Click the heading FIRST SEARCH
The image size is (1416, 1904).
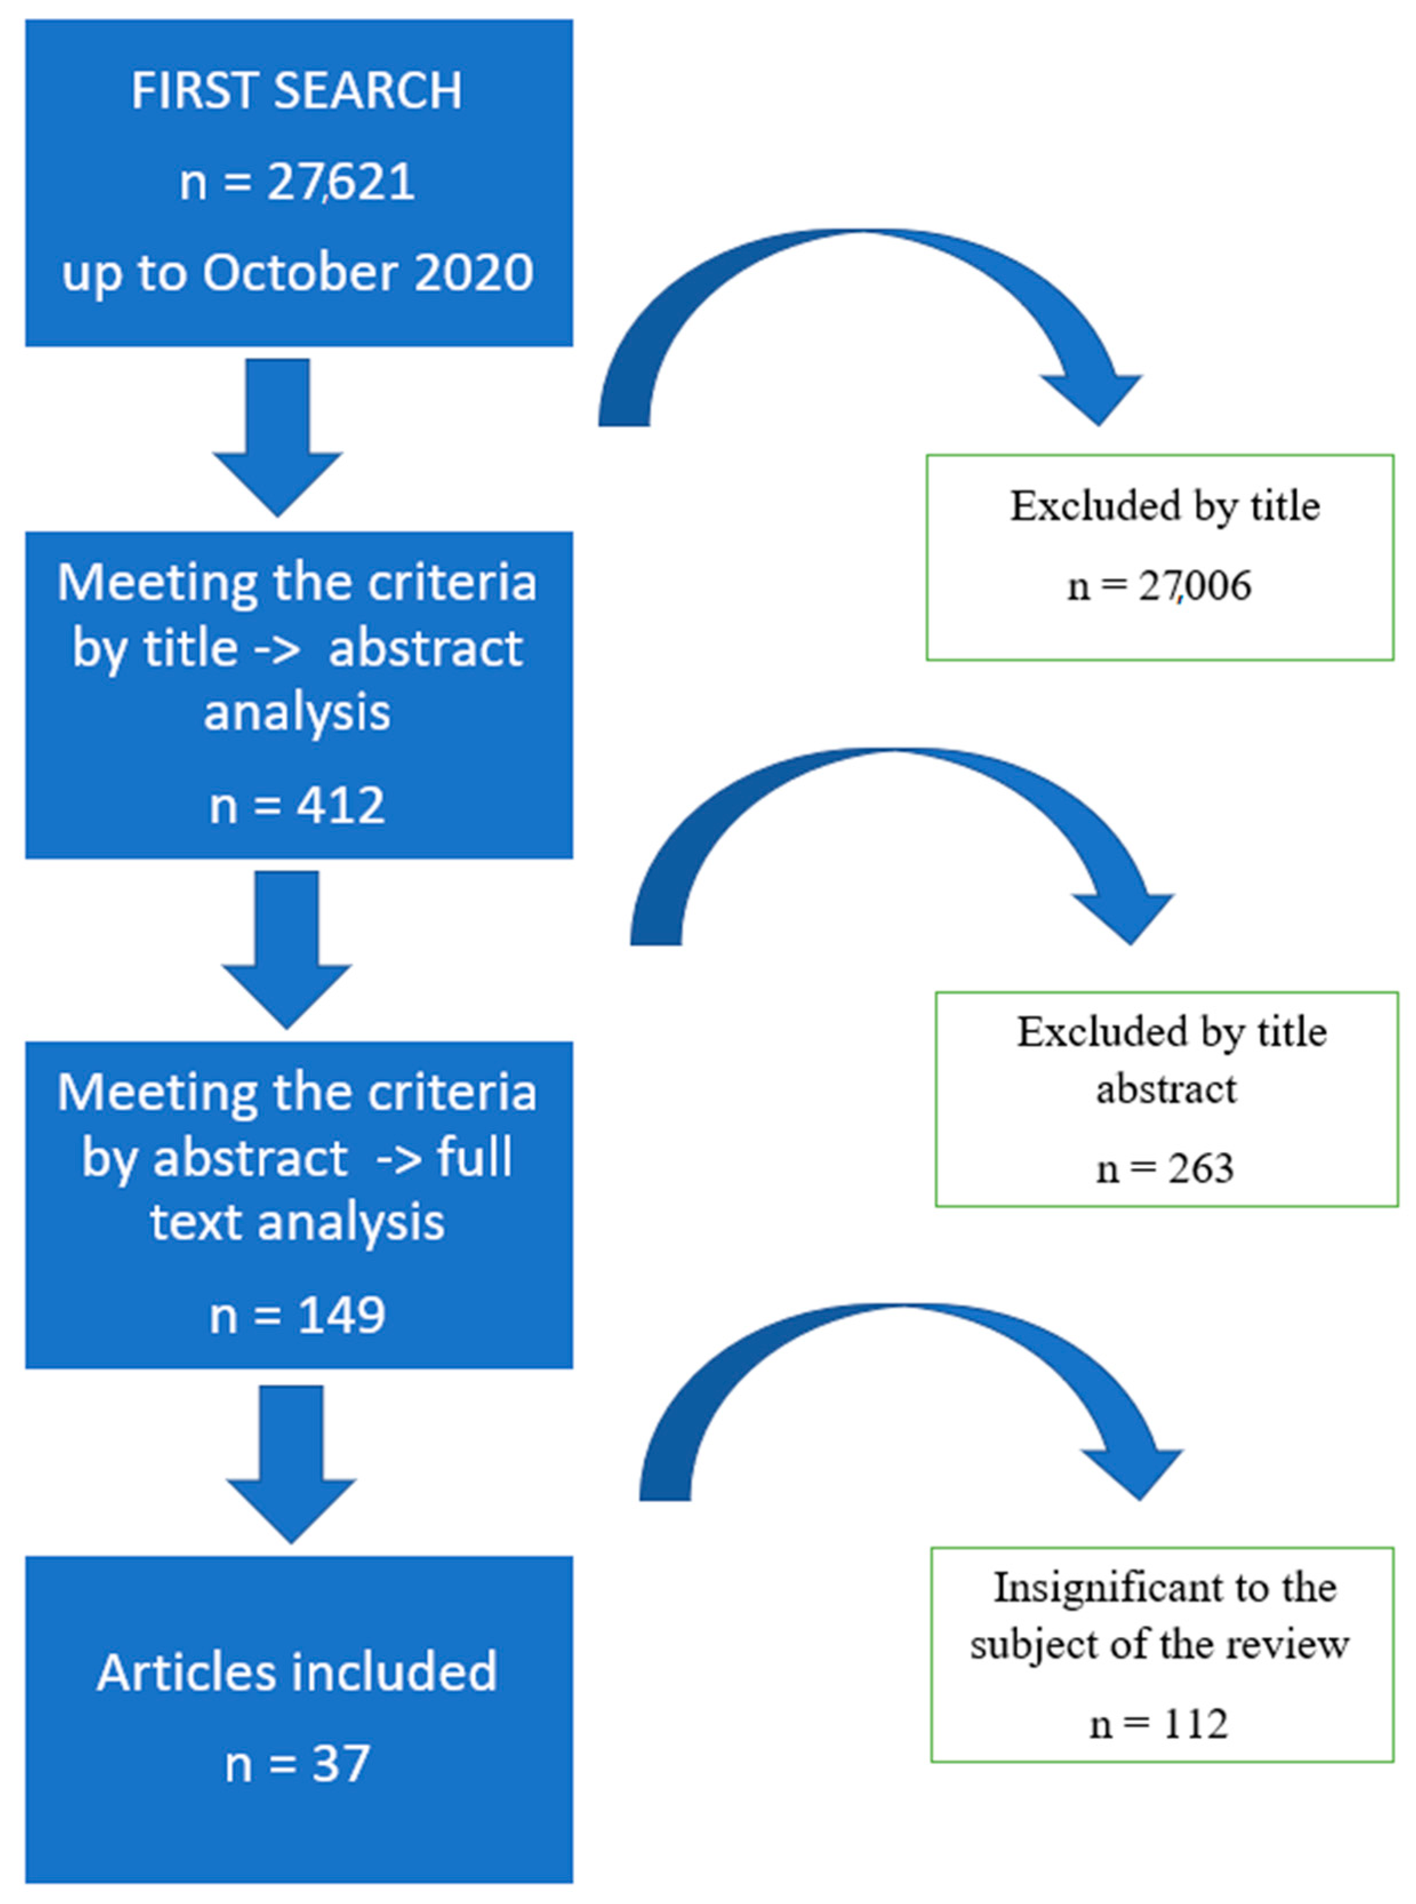(296, 90)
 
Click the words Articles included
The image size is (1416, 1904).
(296, 1671)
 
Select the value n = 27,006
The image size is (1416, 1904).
(1159, 586)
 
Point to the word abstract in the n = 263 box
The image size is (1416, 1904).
(1166, 1089)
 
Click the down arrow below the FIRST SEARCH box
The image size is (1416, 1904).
(277, 437)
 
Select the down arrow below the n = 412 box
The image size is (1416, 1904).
(286, 950)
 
